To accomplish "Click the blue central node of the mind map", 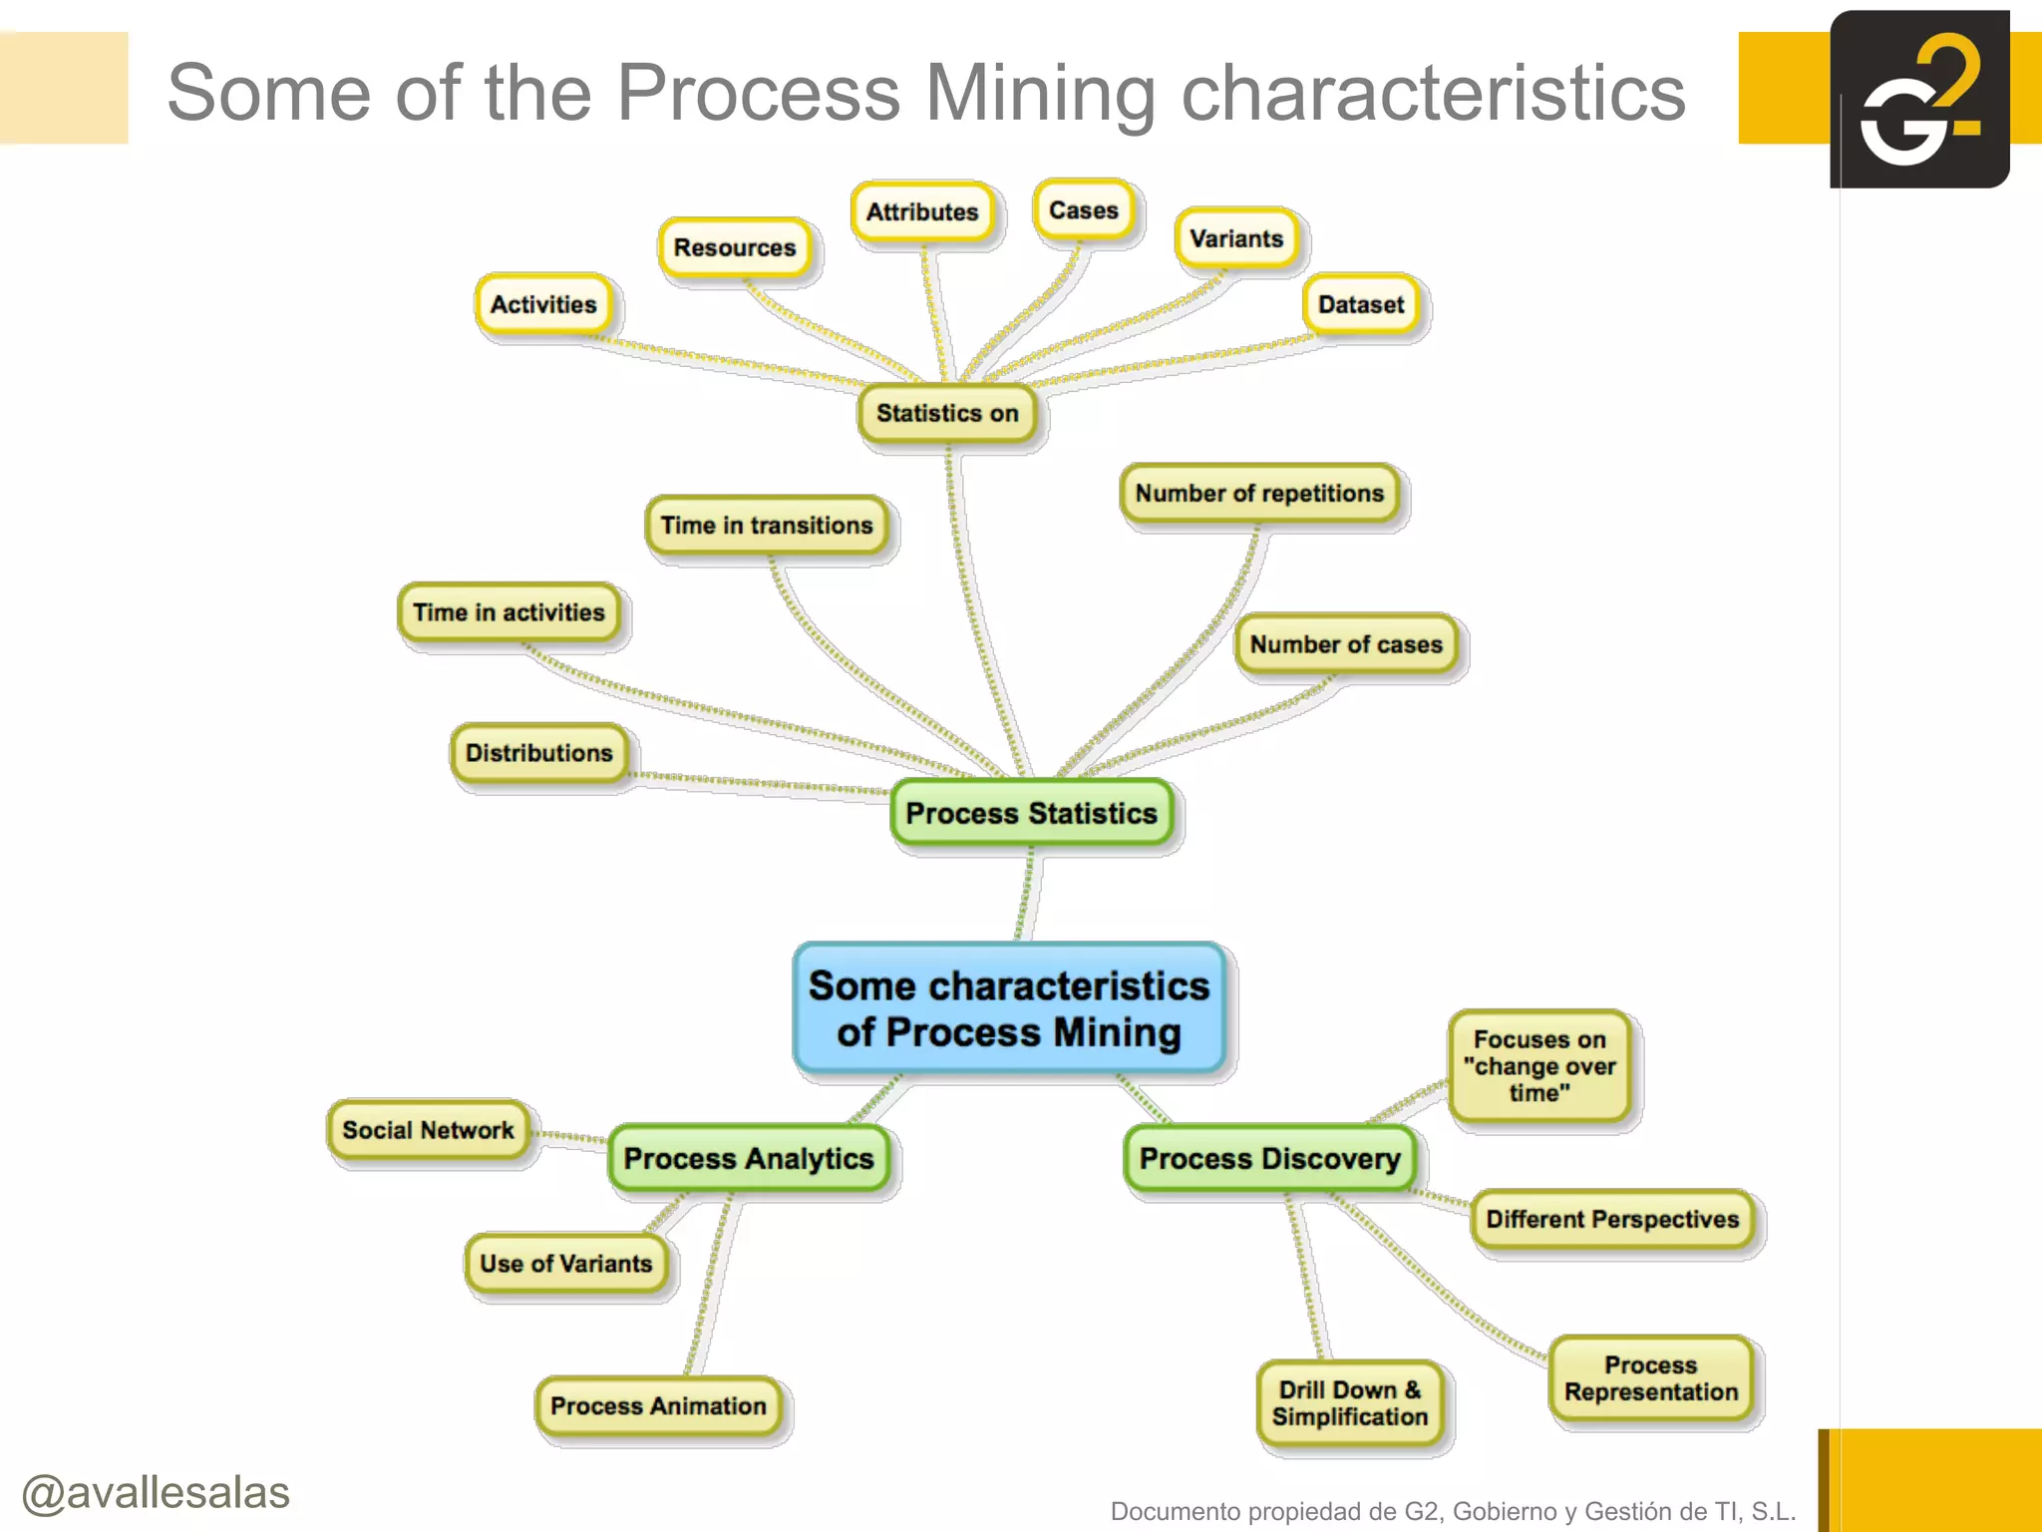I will click(x=1009, y=1008).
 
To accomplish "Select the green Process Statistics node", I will click(x=1031, y=813).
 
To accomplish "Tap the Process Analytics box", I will click(x=748, y=1158).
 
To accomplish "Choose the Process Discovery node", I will click(x=1269, y=1158).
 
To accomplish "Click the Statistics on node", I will click(x=947, y=413).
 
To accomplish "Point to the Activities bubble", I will click(x=543, y=304).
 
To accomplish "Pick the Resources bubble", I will click(x=735, y=247).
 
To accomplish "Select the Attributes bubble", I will click(x=922, y=211).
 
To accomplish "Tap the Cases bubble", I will click(x=1084, y=210).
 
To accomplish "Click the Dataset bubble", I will click(x=1361, y=304).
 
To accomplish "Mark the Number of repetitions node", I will click(x=1259, y=493).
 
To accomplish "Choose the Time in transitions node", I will click(x=766, y=525).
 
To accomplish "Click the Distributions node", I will click(x=538, y=752).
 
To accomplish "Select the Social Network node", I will click(x=428, y=1130).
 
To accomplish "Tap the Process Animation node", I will click(x=658, y=1405).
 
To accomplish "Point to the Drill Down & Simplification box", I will click(x=1349, y=1403).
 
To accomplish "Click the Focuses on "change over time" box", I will click(x=1539, y=1065).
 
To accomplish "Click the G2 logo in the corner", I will click(x=1919, y=100).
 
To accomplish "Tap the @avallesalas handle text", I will click(x=156, y=1492).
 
